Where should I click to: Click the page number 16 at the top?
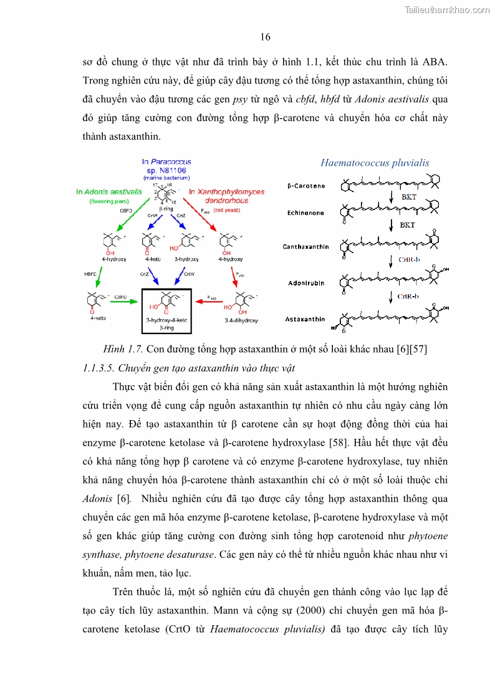tap(265, 37)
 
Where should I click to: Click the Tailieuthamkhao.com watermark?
tap(447, 9)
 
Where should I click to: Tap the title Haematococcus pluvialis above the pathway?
tap(375, 163)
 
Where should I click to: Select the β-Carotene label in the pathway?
tap(306, 186)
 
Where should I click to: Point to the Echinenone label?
tap(305, 213)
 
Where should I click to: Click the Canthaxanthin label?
tap(305, 247)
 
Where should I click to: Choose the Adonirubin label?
tap(306, 282)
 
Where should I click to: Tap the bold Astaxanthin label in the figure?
tap(305, 319)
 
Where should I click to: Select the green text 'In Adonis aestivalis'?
tap(109, 192)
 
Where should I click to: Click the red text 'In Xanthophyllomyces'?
tap(227, 192)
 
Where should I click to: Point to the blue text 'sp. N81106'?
tap(166, 170)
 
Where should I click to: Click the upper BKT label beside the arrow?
tap(409, 197)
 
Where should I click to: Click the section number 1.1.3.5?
tap(99, 367)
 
